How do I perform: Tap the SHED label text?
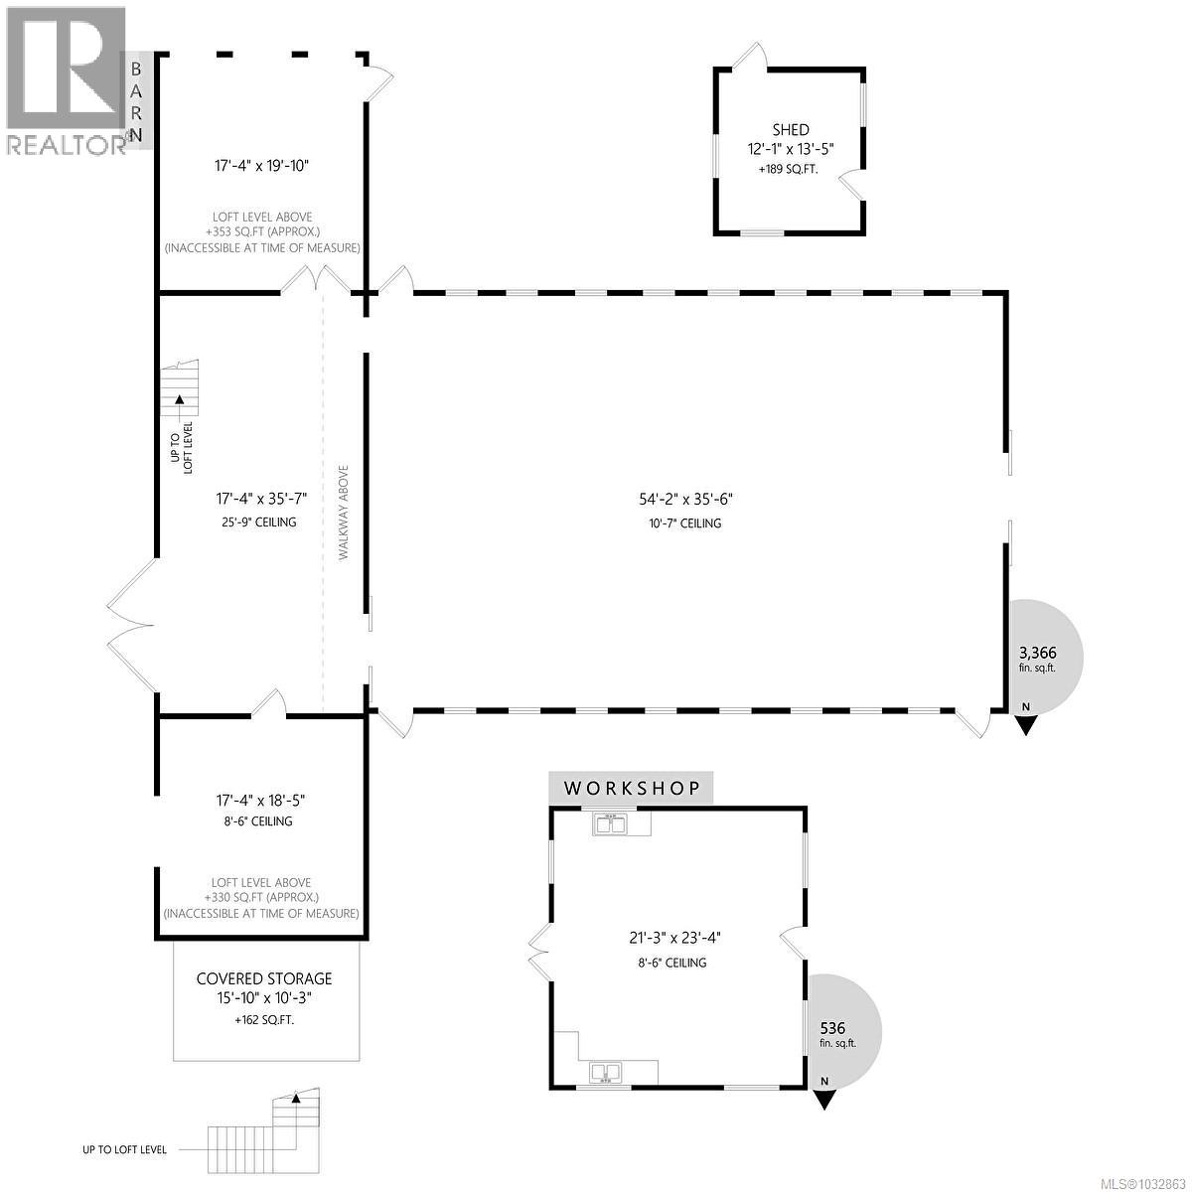pos(791,130)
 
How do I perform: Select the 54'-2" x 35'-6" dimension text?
pos(685,500)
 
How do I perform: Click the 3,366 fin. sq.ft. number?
pos(1037,653)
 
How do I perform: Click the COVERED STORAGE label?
pos(264,978)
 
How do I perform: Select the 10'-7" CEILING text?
pos(685,523)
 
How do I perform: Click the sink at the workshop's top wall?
pos(610,823)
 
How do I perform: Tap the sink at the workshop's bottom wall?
pos(606,1072)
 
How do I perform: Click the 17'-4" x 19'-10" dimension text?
pos(262,166)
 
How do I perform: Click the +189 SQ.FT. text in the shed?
pos(791,170)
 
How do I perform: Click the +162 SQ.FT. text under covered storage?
pos(264,1019)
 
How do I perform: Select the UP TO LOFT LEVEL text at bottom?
pos(124,1150)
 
